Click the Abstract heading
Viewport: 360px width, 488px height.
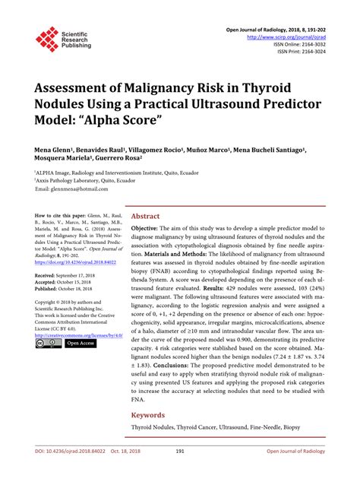pyautogui.click(x=147, y=216)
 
